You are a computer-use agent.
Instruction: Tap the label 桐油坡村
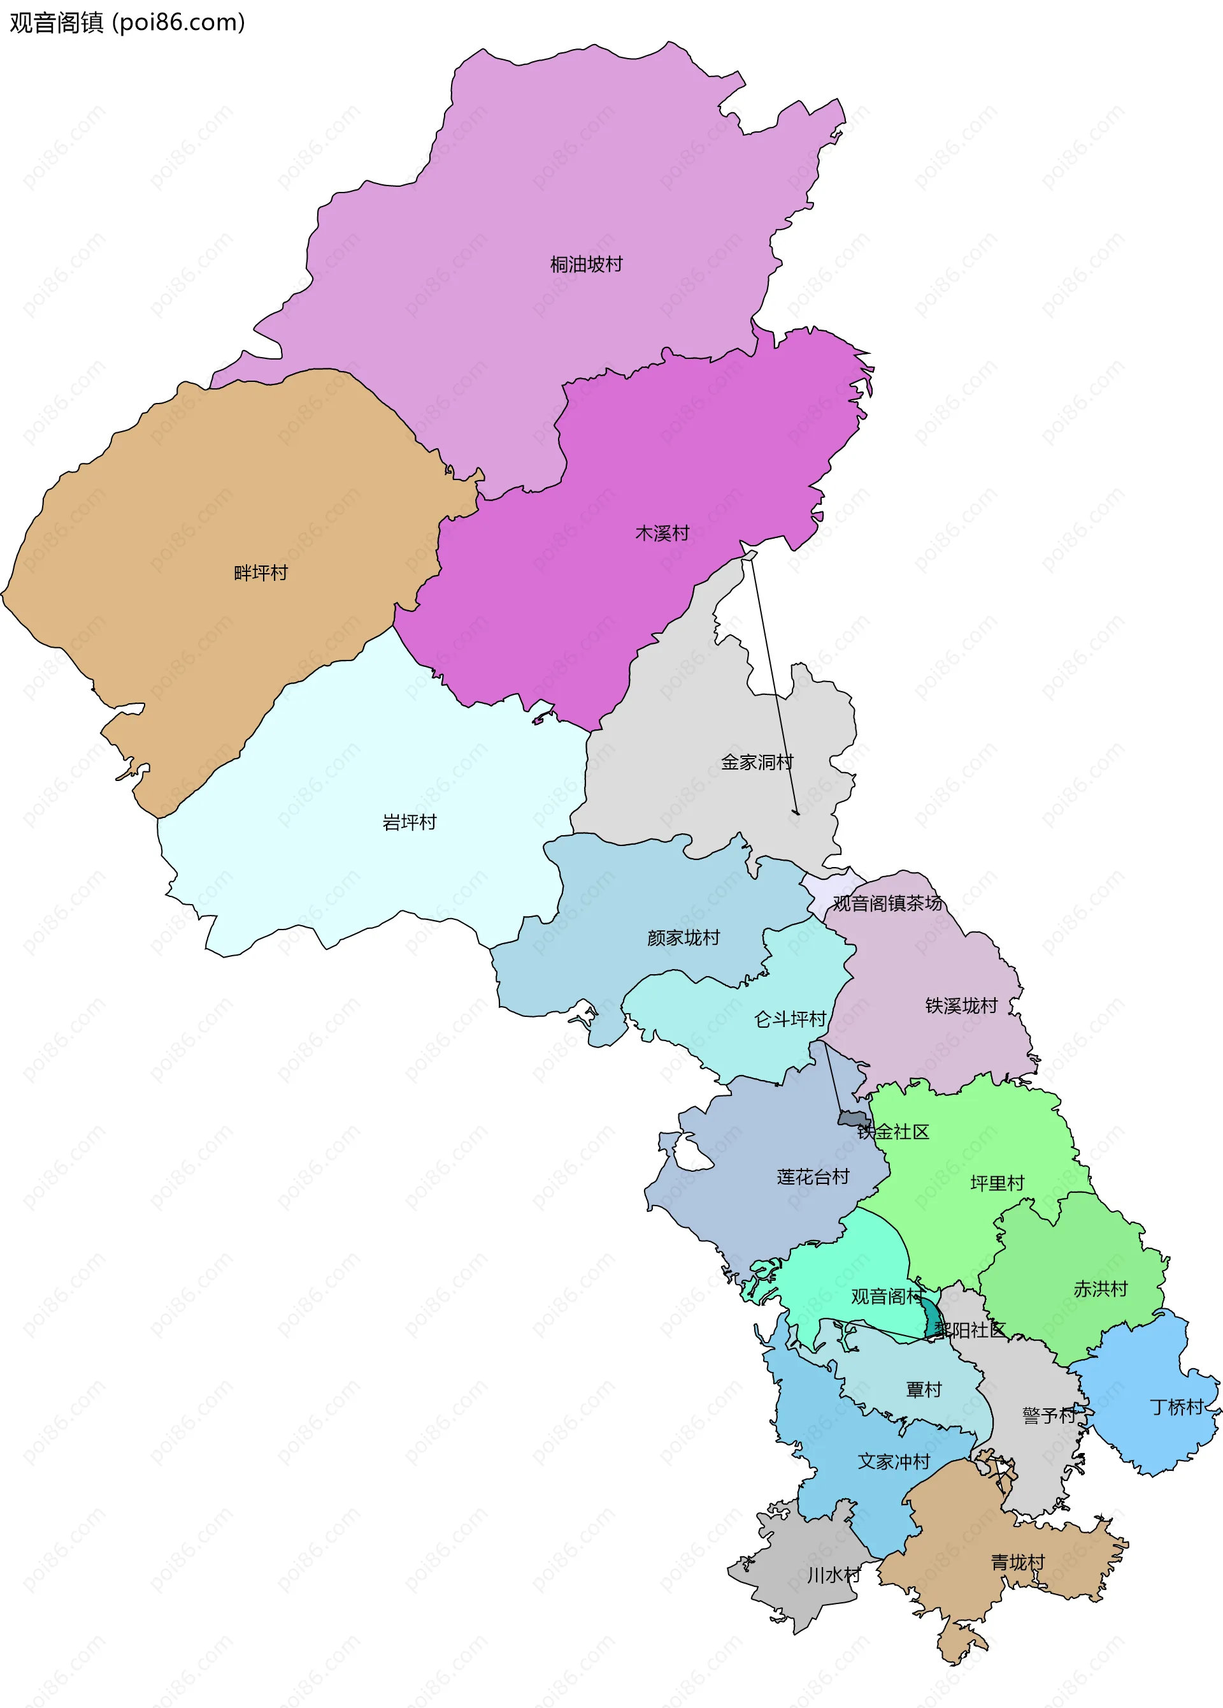pos(586,265)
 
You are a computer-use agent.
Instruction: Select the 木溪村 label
pos(662,533)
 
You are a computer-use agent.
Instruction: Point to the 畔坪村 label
pos(261,573)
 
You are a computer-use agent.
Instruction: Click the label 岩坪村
pos(410,822)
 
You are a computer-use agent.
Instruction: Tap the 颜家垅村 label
pos(683,938)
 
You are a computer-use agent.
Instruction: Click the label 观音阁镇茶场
pos(887,903)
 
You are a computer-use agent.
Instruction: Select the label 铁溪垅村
pos(961,1005)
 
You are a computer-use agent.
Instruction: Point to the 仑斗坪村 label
pos(790,1019)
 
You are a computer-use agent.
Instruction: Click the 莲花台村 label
pos(813,1176)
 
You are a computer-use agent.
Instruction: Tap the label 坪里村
pos(998,1183)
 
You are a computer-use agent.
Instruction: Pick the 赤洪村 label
pos(1100,1288)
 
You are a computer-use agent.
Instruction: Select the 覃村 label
pos(924,1389)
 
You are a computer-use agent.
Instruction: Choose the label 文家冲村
pos(894,1462)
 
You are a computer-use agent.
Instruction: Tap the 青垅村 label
pos(1017,1563)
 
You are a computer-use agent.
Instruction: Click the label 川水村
pos(833,1575)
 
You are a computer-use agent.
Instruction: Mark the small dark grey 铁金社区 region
pos(852,1118)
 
